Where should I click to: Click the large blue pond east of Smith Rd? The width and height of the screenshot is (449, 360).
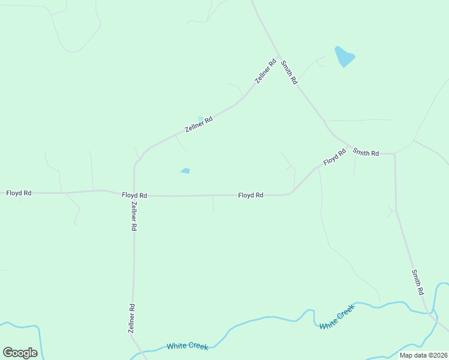pos(345,56)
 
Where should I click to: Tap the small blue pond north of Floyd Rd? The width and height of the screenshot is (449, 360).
pos(185,171)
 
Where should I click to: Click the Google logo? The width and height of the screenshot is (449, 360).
pos(20,353)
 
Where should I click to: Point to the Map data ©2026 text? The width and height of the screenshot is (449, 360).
pos(423,355)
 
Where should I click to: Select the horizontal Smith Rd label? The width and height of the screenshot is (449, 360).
pos(366,153)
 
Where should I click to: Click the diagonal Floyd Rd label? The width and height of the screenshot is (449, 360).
pos(334,158)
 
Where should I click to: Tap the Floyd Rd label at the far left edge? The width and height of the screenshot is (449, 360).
pos(19,193)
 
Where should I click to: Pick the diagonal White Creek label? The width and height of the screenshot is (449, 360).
pos(337,316)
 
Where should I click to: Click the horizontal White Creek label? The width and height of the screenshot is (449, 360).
pos(187,346)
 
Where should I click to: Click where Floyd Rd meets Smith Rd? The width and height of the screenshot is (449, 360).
pos(349,146)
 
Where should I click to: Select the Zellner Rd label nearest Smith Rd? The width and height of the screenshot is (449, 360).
pos(265,71)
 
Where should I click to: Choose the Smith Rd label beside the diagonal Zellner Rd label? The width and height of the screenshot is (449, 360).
pos(289,73)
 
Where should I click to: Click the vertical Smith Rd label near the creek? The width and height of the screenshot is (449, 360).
pos(418,282)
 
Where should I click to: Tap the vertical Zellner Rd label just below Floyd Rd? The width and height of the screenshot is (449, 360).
pos(134,216)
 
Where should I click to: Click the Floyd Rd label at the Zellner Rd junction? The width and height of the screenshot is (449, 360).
pos(134,196)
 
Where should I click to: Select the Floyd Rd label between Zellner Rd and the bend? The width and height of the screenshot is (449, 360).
pos(250,195)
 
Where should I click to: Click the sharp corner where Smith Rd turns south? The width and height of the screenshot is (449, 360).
pos(394,154)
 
